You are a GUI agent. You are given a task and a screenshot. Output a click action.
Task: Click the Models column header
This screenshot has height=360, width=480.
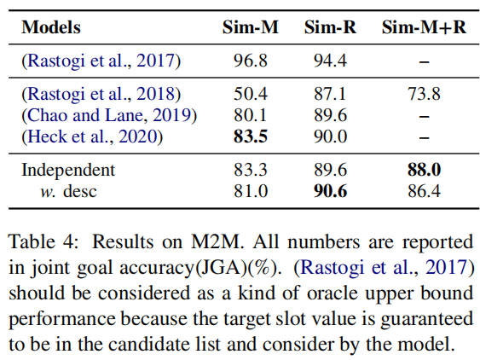pyautogui.click(x=51, y=27)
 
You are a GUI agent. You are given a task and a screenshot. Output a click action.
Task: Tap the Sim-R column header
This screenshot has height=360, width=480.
pyautogui.click(x=329, y=27)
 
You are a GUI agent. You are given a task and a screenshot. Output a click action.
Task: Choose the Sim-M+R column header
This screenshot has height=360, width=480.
pyautogui.click(x=424, y=27)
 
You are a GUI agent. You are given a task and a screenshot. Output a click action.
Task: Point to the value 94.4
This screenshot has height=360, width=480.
pyautogui.click(x=329, y=61)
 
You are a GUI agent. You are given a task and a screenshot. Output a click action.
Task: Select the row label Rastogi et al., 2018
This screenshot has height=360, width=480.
pyautogui.click(x=101, y=94)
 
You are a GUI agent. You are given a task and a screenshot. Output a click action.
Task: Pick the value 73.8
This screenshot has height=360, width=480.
pyautogui.click(x=424, y=94)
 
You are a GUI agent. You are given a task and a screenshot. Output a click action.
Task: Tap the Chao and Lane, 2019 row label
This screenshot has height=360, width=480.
pyautogui.click(x=109, y=115)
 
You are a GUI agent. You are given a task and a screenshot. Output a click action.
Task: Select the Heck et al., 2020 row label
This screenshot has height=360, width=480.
pyautogui.click(x=95, y=136)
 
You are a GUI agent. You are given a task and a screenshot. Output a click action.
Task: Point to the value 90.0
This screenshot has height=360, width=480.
pyautogui.click(x=329, y=136)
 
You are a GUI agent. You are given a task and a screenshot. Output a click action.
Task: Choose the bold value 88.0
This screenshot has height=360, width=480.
pyautogui.click(x=424, y=170)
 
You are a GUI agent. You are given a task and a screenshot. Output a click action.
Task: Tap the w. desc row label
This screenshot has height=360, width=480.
pyautogui.click(x=68, y=191)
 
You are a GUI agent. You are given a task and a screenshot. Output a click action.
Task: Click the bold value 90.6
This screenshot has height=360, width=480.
pyautogui.click(x=329, y=191)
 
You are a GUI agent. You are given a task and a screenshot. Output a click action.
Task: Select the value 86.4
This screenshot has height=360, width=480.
pyautogui.click(x=424, y=191)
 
